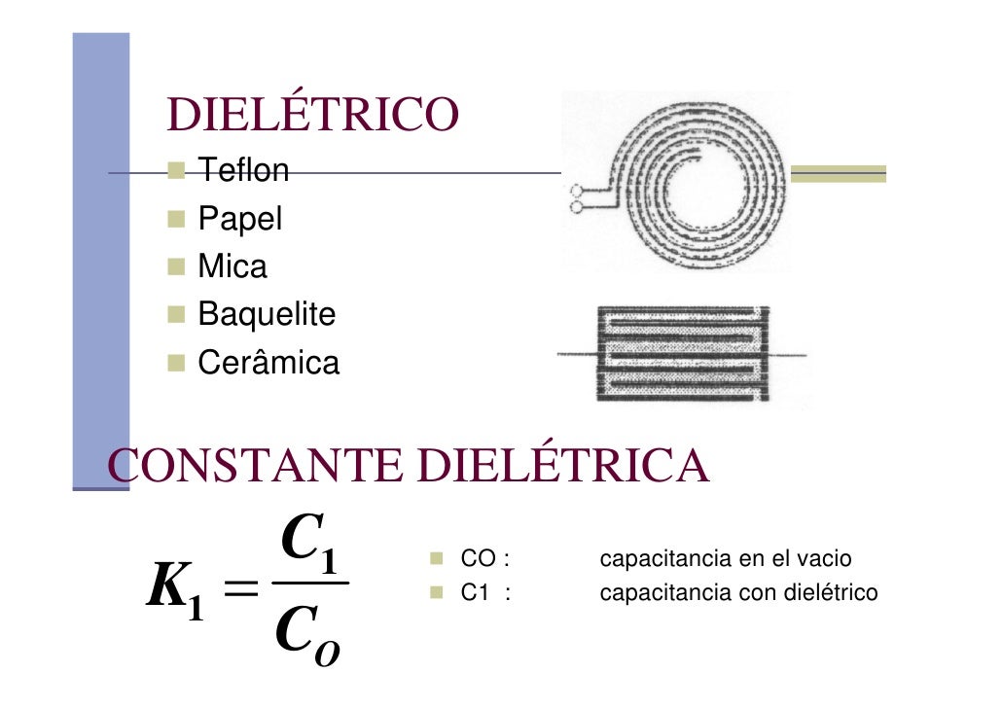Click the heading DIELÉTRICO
[312, 116]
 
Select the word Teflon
[243, 171]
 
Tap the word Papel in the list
[239, 219]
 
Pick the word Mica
[233, 266]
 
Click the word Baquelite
[267, 314]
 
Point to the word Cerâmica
[268, 363]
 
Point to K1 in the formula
[174, 591]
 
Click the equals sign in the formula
[236, 588]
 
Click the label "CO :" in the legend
[485, 559]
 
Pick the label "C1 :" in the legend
[485, 592]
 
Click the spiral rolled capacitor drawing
[678, 182]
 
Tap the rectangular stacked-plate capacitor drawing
[681, 353]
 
